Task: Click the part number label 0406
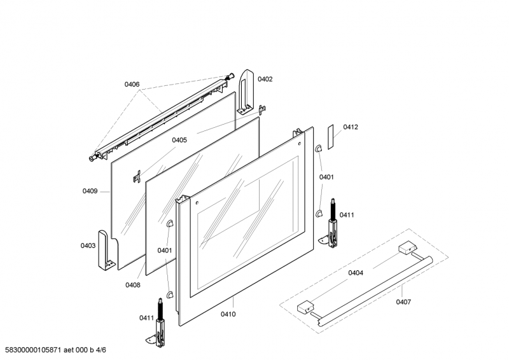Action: coord(132,85)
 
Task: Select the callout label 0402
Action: coord(265,80)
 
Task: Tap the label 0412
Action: coord(351,127)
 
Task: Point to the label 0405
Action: coord(179,140)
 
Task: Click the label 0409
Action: coord(90,191)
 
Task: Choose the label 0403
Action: coord(88,246)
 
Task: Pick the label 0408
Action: coord(133,285)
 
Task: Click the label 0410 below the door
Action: coord(228,314)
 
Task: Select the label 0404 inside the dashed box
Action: coord(356,273)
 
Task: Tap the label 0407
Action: coord(403,302)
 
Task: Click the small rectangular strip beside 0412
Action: coord(330,137)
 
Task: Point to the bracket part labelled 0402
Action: coord(246,92)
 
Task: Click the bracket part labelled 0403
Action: coord(106,250)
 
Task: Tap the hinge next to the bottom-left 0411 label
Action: coord(158,324)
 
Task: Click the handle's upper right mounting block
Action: coord(407,247)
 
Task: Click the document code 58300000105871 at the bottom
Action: coord(33,350)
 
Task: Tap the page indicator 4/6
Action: coord(101,350)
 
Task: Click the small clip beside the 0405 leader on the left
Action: coord(137,177)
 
